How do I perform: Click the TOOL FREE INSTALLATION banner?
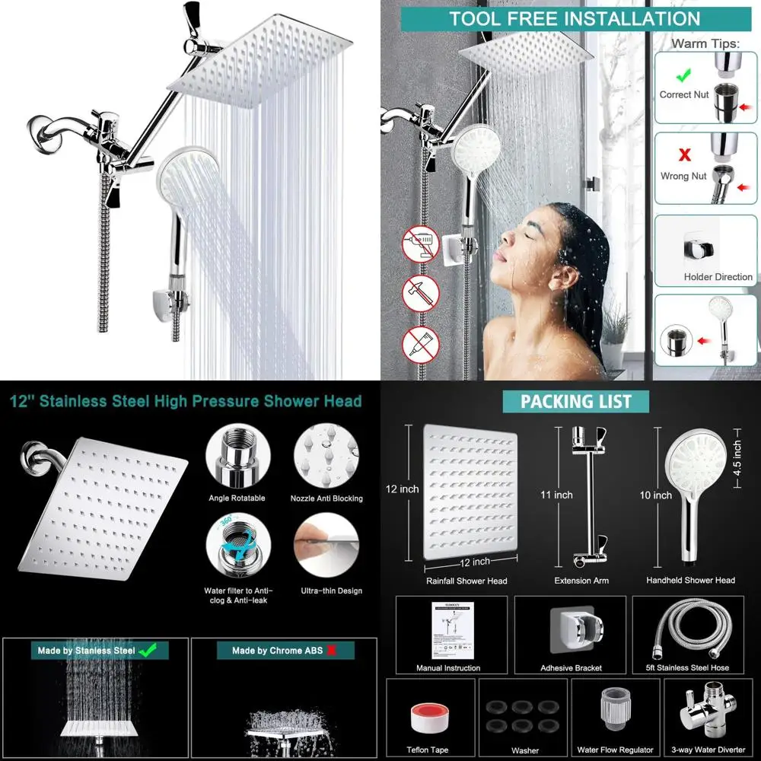pyautogui.click(x=574, y=18)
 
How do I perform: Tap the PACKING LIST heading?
pyautogui.click(x=576, y=401)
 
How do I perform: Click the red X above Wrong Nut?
pyautogui.click(x=683, y=155)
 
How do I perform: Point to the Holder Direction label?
pyautogui.click(x=718, y=277)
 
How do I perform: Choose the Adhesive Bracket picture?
pyautogui.click(x=571, y=631)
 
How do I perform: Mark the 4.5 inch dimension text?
pyautogui.click(x=737, y=457)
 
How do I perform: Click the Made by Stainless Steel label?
pyautogui.click(x=87, y=651)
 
